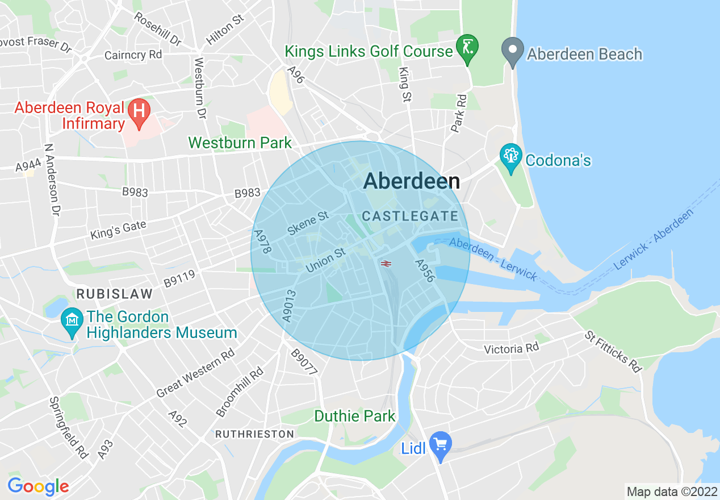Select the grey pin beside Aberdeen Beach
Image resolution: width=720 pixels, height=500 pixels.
(x=513, y=51)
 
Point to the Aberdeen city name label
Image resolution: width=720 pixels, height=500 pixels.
(x=411, y=181)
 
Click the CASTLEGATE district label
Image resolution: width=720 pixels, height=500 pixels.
(x=410, y=216)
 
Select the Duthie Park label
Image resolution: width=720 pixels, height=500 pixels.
(x=355, y=416)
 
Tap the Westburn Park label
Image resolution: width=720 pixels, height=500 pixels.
(x=240, y=142)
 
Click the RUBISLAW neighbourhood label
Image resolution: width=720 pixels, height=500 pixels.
(x=115, y=294)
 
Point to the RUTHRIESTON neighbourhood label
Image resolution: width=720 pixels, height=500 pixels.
(x=254, y=434)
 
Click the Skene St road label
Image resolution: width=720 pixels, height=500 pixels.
(x=308, y=223)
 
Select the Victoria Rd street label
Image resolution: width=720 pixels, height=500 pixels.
(x=511, y=348)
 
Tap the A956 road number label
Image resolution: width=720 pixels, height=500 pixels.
(x=425, y=271)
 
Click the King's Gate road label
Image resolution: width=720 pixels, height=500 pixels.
(x=118, y=230)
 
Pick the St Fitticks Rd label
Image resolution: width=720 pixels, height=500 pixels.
(x=613, y=352)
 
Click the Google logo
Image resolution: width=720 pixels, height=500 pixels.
(x=38, y=486)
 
